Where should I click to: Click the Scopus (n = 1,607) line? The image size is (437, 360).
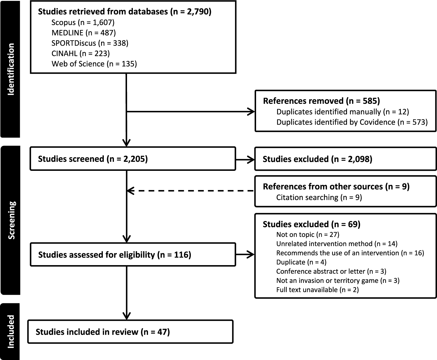click(x=83, y=22)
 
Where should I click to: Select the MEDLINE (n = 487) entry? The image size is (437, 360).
click(x=84, y=33)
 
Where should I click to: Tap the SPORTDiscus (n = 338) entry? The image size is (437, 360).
click(x=90, y=43)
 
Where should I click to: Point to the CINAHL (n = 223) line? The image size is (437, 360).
click(x=80, y=53)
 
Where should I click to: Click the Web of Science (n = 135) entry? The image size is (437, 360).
click(x=94, y=64)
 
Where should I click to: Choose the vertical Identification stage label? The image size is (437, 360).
click(x=11, y=69)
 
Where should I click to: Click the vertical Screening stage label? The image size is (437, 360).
click(x=11, y=220)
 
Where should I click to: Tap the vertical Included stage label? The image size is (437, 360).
click(x=11, y=331)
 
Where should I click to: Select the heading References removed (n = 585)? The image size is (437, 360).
click(x=321, y=101)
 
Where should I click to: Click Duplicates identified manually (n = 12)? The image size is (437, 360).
click(x=343, y=112)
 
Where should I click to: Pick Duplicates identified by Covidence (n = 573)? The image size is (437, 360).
click(x=352, y=122)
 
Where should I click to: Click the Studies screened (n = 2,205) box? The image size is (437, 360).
click(x=133, y=159)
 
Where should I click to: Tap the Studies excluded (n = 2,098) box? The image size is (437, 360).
click(x=346, y=159)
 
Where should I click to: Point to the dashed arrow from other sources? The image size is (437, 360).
click(x=191, y=191)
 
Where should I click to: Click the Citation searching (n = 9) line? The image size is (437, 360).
click(x=319, y=197)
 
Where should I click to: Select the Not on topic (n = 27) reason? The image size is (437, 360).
click(x=308, y=234)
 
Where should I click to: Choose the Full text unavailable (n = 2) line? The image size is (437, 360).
click(x=317, y=290)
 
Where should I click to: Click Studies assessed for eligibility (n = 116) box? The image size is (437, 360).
click(x=133, y=255)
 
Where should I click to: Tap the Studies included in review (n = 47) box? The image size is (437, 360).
click(x=130, y=332)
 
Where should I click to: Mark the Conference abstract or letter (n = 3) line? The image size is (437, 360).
click(x=331, y=271)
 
